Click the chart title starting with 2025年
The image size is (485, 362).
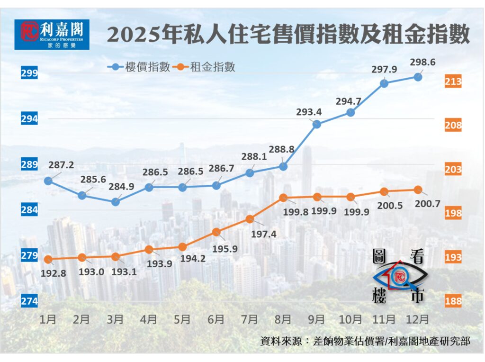[288, 34]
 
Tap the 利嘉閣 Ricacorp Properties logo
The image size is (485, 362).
[52, 34]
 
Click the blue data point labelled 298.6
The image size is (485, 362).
[418, 76]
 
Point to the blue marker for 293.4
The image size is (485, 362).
[317, 124]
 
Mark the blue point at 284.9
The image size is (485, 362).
[115, 202]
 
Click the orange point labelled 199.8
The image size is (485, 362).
[283, 197]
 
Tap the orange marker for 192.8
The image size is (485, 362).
[48, 259]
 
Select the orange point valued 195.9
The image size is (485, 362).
[216, 232]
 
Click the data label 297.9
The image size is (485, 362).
[384, 69]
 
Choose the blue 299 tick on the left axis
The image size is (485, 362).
[29, 73]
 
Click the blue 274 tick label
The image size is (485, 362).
[29, 301]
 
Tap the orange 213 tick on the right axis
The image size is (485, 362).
[453, 82]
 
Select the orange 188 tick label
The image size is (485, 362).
[453, 301]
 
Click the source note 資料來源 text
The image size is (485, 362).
[365, 341]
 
